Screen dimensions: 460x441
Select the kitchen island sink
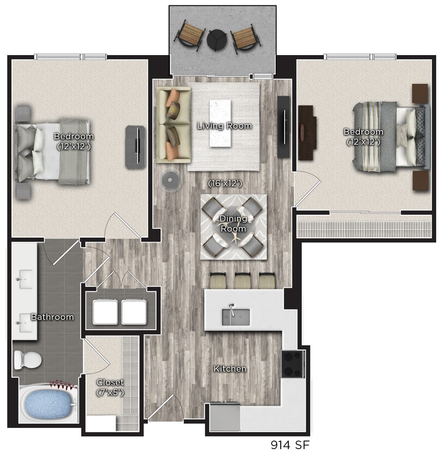[x=235, y=316]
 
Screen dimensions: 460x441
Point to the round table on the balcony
[x=216, y=39]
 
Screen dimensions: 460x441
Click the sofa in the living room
[x=173, y=125]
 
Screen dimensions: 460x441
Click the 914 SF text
[x=291, y=445]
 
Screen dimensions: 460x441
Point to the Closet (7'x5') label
[x=110, y=386]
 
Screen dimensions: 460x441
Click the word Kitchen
[x=229, y=369]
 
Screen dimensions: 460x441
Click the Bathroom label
[x=52, y=317]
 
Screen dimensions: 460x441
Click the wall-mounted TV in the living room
[x=283, y=127]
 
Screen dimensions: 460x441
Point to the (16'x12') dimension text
[x=225, y=184]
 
